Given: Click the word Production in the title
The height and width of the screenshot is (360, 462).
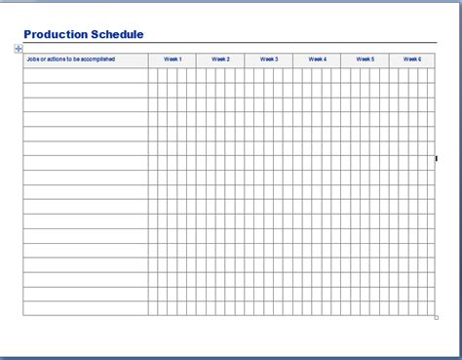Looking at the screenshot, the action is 53,34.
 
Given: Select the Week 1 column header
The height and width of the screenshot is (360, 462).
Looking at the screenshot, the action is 173,60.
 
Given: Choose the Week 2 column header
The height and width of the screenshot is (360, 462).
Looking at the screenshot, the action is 221,60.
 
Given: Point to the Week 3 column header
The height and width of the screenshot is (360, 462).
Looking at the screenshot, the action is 269,60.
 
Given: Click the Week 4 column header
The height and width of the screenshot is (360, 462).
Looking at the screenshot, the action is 318,60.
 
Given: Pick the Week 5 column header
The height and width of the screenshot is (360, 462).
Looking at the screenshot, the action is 366,60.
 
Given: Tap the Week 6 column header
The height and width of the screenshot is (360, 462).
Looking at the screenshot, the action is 413,60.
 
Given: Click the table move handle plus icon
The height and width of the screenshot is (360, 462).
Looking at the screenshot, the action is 19,49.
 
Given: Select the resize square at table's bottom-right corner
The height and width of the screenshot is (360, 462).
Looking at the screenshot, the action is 436,317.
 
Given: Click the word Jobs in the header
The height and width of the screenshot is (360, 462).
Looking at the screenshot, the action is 32,60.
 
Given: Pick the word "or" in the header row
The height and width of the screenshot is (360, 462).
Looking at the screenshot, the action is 43,60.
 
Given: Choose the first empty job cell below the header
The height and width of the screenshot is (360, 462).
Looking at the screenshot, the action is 86,75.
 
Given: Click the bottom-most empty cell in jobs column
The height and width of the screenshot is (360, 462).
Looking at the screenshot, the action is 86,308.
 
